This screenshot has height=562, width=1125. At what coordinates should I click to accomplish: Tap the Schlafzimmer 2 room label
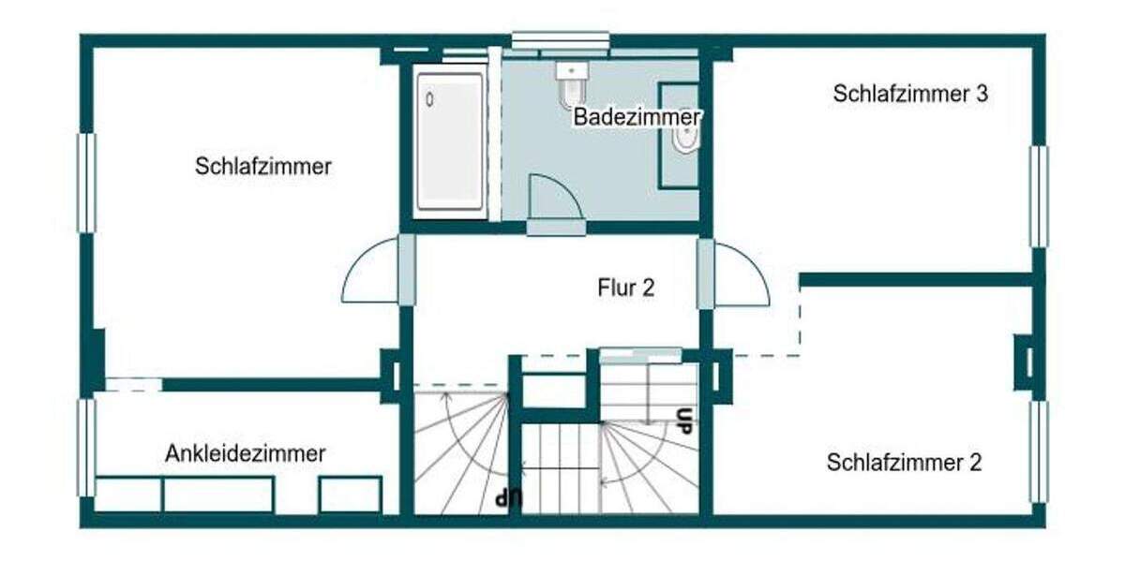click(x=905, y=463)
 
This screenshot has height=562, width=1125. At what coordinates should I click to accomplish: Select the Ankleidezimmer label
click(x=246, y=454)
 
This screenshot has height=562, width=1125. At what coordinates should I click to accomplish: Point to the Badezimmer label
click(x=637, y=118)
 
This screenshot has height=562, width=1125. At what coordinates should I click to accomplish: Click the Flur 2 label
click(x=626, y=288)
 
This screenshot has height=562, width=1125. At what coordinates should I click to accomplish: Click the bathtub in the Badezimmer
click(x=450, y=141)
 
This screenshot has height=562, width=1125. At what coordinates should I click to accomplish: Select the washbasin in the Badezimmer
click(x=685, y=137)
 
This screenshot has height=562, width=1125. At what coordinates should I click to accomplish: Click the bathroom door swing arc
click(x=553, y=197)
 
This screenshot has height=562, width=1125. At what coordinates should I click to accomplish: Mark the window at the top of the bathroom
click(x=560, y=40)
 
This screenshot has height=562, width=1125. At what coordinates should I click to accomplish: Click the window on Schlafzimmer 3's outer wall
click(x=1039, y=197)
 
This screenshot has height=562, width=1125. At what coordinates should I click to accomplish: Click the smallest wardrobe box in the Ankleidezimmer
click(x=350, y=495)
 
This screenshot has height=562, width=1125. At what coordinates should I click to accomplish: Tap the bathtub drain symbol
click(x=430, y=97)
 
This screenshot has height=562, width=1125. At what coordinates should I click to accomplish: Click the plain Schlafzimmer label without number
click(x=263, y=167)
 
